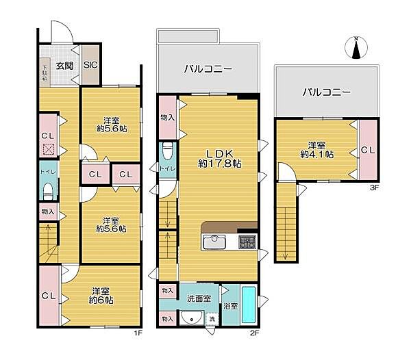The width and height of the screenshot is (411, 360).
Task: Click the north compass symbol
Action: click(356, 48)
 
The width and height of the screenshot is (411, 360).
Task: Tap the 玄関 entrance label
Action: click(64, 66)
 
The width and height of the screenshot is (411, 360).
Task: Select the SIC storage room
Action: click(90, 66)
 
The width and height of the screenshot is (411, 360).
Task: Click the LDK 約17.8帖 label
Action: click(219, 158)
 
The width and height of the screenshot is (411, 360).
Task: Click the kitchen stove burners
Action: click(246, 242)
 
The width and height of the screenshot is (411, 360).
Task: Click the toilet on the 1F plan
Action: click(48, 189)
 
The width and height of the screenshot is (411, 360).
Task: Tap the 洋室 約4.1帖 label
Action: click(316, 150)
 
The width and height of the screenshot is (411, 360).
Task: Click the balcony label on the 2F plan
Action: click(208, 69)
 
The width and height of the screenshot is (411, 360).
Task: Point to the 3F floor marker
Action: click(374, 187)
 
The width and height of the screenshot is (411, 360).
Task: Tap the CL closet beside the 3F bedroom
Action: click(367, 150)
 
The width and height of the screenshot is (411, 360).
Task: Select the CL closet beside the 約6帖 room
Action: click(47, 296)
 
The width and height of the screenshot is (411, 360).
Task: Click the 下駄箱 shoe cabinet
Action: click(45, 72)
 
